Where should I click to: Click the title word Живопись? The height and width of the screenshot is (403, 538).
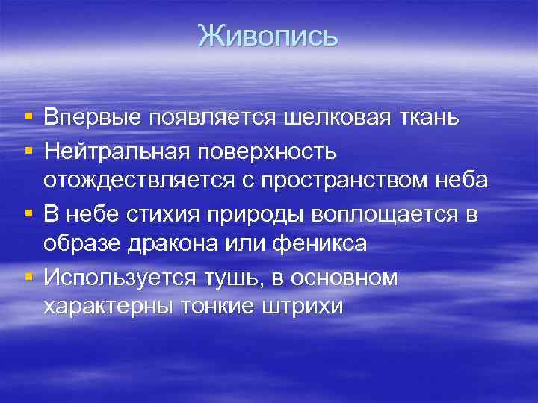268,35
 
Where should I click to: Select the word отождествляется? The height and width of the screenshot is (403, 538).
149,181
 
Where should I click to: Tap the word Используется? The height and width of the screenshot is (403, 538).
119,277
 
